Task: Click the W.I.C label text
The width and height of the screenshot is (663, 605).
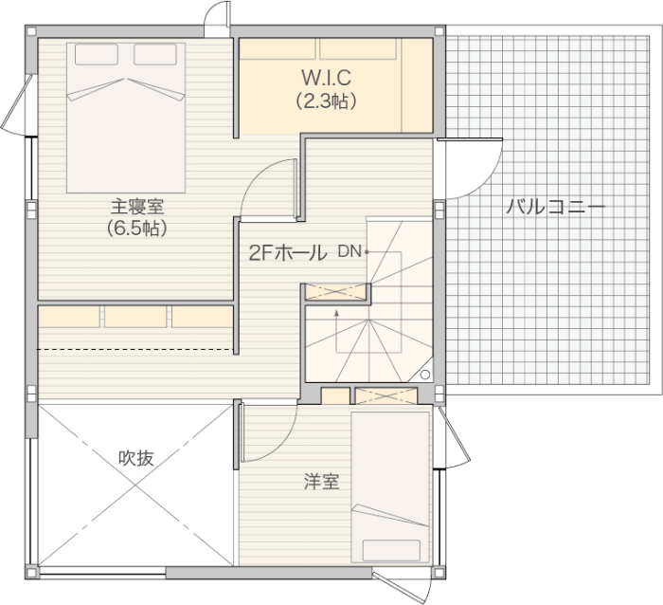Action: tap(326, 78)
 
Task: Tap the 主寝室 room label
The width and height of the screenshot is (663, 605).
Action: tap(137, 207)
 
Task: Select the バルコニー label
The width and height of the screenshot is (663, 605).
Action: tap(556, 208)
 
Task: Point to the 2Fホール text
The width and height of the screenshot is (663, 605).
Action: tap(288, 253)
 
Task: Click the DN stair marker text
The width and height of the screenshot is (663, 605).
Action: tap(349, 251)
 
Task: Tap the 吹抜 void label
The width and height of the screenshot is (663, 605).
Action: tap(136, 458)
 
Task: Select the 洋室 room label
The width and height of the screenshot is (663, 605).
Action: tap(322, 482)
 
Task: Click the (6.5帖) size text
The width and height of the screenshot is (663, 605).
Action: tap(137, 229)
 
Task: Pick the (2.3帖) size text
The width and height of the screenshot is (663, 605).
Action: tap(326, 101)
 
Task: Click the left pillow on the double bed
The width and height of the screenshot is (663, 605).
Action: tap(97, 55)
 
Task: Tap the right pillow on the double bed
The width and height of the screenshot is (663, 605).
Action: tap(155, 55)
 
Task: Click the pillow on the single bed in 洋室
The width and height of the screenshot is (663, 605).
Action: tap(391, 550)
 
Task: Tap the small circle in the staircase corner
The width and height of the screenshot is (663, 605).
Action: tap(425, 375)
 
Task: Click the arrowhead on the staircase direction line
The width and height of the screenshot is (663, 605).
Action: tap(336, 313)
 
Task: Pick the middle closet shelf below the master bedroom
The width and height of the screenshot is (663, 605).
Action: tap(135, 317)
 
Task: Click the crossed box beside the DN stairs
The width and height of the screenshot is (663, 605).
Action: tap(335, 292)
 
